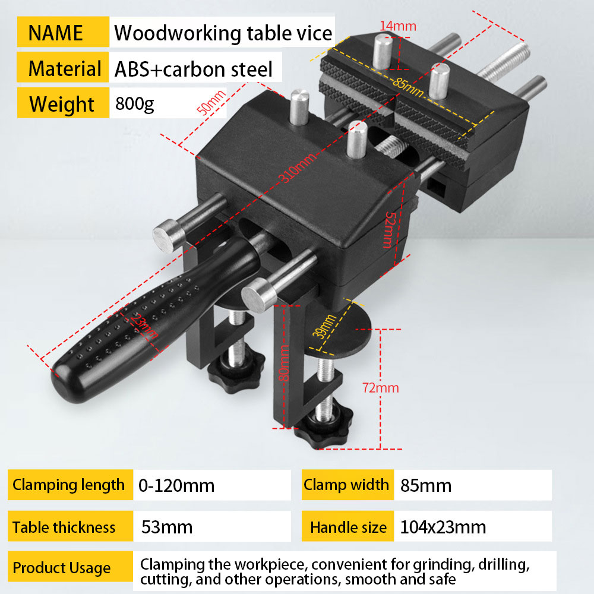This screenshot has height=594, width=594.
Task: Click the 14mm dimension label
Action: (x=398, y=26)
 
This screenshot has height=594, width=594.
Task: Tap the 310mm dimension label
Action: (x=298, y=168)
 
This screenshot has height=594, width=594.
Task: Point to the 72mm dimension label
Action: (x=380, y=387)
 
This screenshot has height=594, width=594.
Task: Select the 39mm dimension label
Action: (x=324, y=326)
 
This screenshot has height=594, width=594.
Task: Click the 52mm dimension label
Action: (x=389, y=229)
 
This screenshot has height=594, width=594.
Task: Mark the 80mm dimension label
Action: (x=284, y=362)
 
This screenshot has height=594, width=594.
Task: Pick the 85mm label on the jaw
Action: (x=408, y=87)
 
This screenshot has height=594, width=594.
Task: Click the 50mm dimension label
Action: (x=211, y=102)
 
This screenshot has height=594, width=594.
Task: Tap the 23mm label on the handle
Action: (x=144, y=326)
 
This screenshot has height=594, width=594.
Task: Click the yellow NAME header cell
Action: (x=64, y=32)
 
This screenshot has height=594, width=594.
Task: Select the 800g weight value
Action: (x=134, y=103)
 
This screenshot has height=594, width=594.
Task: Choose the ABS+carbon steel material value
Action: (x=193, y=69)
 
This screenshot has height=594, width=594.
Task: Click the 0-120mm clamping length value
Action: (x=176, y=485)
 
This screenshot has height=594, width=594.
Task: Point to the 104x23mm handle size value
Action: (x=443, y=527)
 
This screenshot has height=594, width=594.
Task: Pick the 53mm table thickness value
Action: (x=167, y=527)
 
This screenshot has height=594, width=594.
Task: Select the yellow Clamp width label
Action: (x=347, y=485)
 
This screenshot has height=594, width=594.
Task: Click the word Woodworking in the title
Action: (x=178, y=33)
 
